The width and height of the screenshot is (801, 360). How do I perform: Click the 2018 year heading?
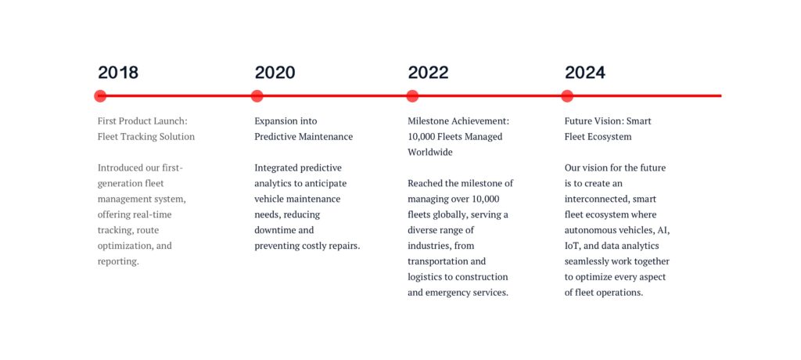click(118, 73)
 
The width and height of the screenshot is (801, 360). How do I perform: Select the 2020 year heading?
click(275, 73)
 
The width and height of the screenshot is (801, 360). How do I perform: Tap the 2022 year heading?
click(428, 73)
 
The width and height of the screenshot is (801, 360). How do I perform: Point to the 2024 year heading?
click(585, 73)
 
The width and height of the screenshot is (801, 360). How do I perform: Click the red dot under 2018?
click(100, 95)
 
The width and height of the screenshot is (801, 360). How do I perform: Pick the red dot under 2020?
click(257, 95)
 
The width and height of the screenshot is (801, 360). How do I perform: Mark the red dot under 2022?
click(412, 95)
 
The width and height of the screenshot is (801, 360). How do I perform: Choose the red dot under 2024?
click(567, 95)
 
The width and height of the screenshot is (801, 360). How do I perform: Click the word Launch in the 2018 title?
click(170, 121)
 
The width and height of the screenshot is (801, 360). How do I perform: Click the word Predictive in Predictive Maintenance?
click(275, 136)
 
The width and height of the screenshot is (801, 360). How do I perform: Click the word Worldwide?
click(430, 153)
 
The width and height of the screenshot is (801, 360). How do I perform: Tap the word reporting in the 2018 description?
click(118, 262)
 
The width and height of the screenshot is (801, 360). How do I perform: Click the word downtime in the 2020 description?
click(275, 230)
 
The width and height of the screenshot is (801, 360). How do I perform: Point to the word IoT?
click(572, 246)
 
